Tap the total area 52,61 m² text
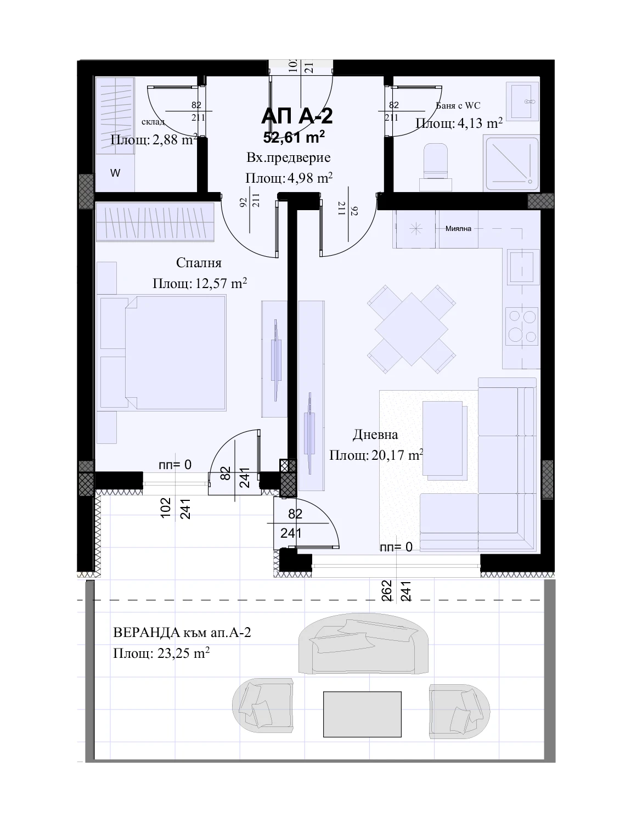click(x=294, y=137)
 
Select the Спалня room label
click(x=199, y=263)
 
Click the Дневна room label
click(x=375, y=435)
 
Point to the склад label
click(x=153, y=122)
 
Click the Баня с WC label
click(x=458, y=106)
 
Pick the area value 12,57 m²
click(x=221, y=283)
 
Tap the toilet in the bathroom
click(x=436, y=167)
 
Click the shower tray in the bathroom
click(x=512, y=164)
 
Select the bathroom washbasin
click(x=523, y=101)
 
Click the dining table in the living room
click(x=411, y=329)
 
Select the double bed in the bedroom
click(x=163, y=353)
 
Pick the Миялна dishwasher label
click(x=458, y=229)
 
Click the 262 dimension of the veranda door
click(x=387, y=591)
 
